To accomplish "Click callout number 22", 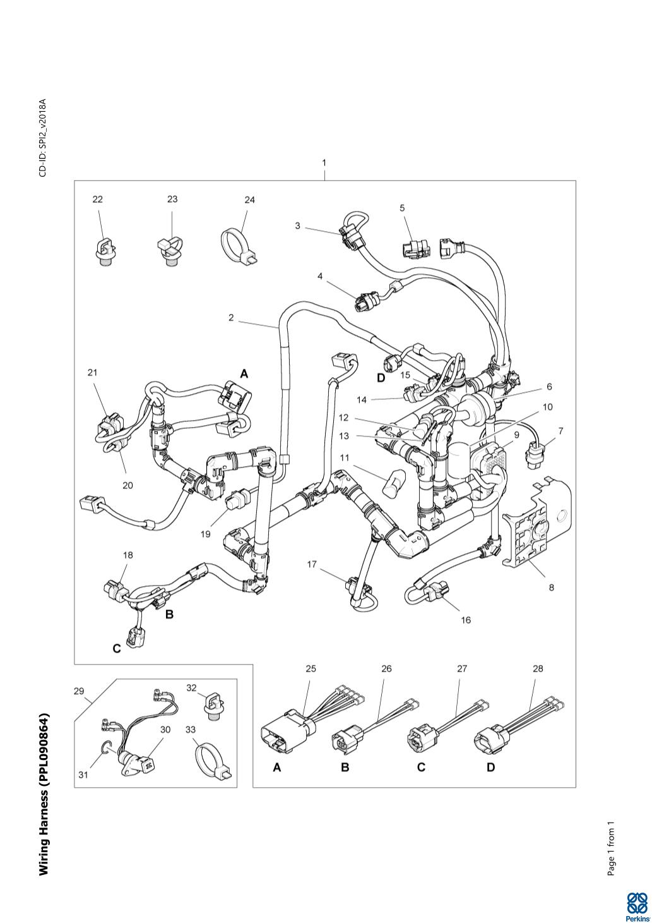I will tap(97, 200).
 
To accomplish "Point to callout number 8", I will tap(551, 588).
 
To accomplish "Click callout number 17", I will tap(312, 564).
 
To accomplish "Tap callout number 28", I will tap(538, 668).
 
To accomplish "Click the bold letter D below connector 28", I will tap(490, 768).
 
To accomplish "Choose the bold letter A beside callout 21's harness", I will tap(244, 374).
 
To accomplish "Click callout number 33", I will tap(191, 730).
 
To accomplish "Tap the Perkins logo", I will tap(637, 905).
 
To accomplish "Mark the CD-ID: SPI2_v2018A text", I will tap(43, 137).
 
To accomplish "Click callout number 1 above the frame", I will tap(324, 162).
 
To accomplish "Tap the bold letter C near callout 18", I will tap(117, 649).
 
